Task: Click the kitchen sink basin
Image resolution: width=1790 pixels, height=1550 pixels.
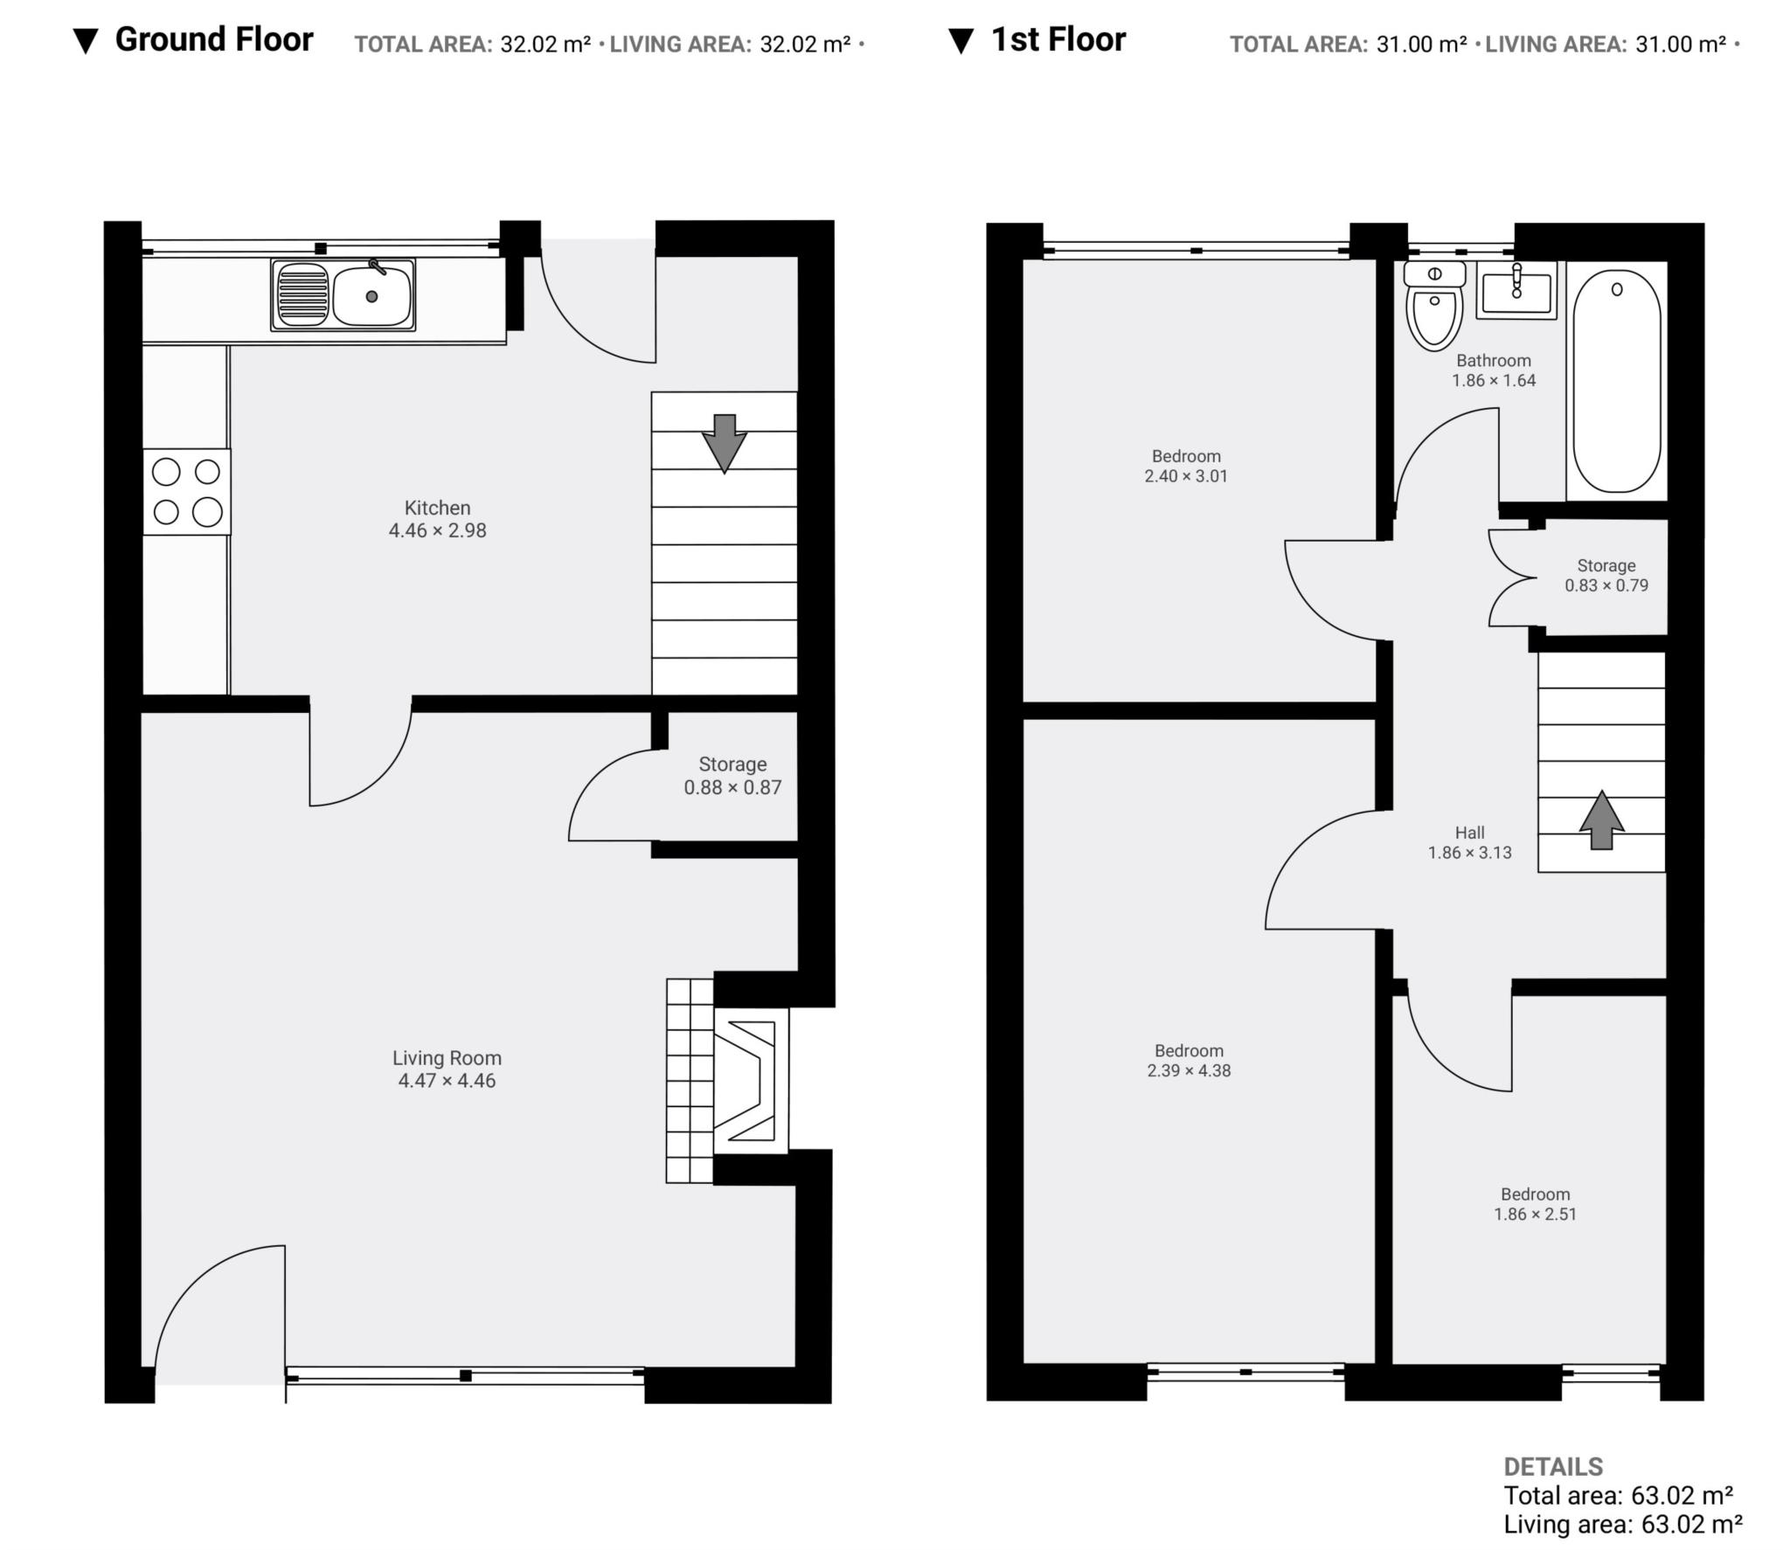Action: pyautogui.click(x=371, y=296)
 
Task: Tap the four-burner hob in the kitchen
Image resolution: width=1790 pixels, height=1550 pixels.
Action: pyautogui.click(x=187, y=492)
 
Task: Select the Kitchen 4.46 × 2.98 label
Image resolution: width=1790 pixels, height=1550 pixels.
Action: pyautogui.click(x=437, y=519)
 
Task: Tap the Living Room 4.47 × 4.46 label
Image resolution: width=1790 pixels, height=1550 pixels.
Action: pyautogui.click(x=447, y=1069)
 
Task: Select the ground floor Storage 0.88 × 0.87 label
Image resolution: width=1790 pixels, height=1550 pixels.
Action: pyautogui.click(x=732, y=776)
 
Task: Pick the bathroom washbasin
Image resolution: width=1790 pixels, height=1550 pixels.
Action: pyautogui.click(x=1516, y=290)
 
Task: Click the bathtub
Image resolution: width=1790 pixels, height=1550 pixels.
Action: pyautogui.click(x=1616, y=381)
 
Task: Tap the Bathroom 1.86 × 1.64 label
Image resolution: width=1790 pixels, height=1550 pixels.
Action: pyautogui.click(x=1494, y=370)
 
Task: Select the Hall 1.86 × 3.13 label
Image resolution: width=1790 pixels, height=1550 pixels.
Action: pyautogui.click(x=1469, y=843)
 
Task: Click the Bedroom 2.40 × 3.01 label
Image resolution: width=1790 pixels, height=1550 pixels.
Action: pyautogui.click(x=1186, y=466)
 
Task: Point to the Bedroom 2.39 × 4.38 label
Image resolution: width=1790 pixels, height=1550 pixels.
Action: pyautogui.click(x=1189, y=1061)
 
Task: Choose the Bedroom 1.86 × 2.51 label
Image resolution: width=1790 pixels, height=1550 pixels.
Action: pyautogui.click(x=1535, y=1204)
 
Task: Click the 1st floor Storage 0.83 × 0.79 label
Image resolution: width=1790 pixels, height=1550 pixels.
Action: pyautogui.click(x=1606, y=576)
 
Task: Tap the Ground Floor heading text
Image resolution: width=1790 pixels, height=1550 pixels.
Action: pyautogui.click(x=214, y=40)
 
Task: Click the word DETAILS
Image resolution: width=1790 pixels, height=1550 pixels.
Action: pyautogui.click(x=1553, y=1467)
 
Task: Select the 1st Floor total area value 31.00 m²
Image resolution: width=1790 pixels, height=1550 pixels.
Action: pyautogui.click(x=1421, y=45)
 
